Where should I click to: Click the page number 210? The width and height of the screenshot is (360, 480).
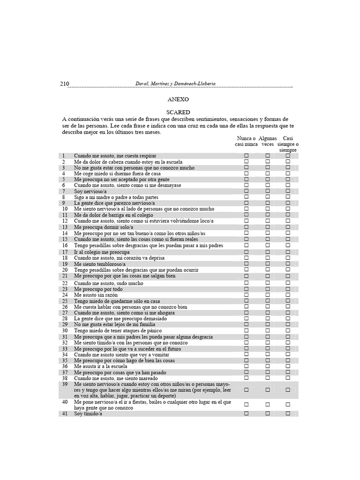pyautogui.click(x=65, y=84)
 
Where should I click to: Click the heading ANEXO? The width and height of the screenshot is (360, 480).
pyautogui.click(x=178, y=99)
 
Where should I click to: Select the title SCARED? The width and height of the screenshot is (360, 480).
pyautogui.click(x=178, y=112)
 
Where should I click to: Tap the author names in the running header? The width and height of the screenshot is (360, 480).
pyautogui.click(x=175, y=84)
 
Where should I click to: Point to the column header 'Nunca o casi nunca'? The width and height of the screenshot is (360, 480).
pyautogui.click(x=246, y=141)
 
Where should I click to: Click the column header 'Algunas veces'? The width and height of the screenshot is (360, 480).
pyautogui.click(x=268, y=141)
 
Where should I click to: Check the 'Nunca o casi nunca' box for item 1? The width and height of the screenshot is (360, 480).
pyautogui.click(x=246, y=156)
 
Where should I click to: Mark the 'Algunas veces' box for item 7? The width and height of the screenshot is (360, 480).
pyautogui.click(x=268, y=191)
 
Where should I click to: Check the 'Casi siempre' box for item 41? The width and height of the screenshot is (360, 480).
pyautogui.click(x=288, y=413)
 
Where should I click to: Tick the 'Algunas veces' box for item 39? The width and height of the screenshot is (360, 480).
pyautogui.click(x=268, y=390)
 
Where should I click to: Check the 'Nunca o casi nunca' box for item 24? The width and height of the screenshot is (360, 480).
pyautogui.click(x=246, y=295)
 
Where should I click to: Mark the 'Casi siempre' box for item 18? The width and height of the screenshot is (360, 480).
pyautogui.click(x=288, y=258)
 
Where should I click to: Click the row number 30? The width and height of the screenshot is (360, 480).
pyautogui.click(x=65, y=330)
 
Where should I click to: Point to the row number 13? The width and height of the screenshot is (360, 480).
pyautogui.click(x=65, y=227)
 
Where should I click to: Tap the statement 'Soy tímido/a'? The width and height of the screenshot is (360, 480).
pyautogui.click(x=88, y=413)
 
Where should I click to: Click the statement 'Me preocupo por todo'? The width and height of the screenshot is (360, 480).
pyautogui.click(x=98, y=289)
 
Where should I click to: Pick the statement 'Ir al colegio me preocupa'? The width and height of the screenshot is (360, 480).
pyautogui.click(x=102, y=252)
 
